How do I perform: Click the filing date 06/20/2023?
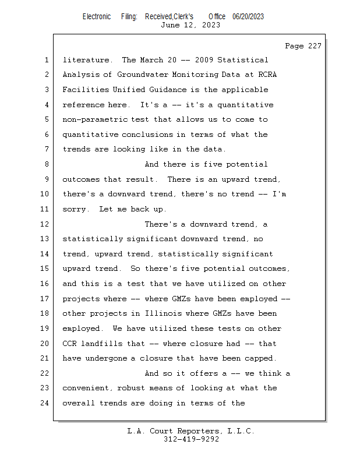point(248,16)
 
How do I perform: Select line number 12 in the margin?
point(45,224)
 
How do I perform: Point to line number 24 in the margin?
point(45,403)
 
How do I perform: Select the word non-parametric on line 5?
point(92,119)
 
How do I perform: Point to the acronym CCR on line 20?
point(69,344)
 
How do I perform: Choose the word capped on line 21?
point(260,358)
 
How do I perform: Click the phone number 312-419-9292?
point(191,439)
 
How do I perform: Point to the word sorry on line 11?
point(74,209)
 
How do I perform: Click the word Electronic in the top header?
point(97,16)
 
